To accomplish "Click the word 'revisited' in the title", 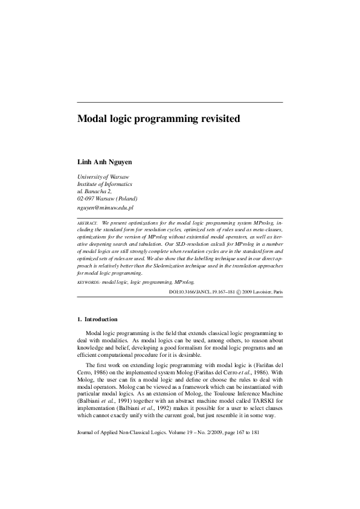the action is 216,119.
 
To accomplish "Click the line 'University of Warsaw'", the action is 103,176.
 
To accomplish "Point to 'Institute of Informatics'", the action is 104,184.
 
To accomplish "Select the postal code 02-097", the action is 87,198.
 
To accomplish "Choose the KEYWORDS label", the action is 89,282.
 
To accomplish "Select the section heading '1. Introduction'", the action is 97,319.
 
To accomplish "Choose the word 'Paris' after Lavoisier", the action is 277,292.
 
